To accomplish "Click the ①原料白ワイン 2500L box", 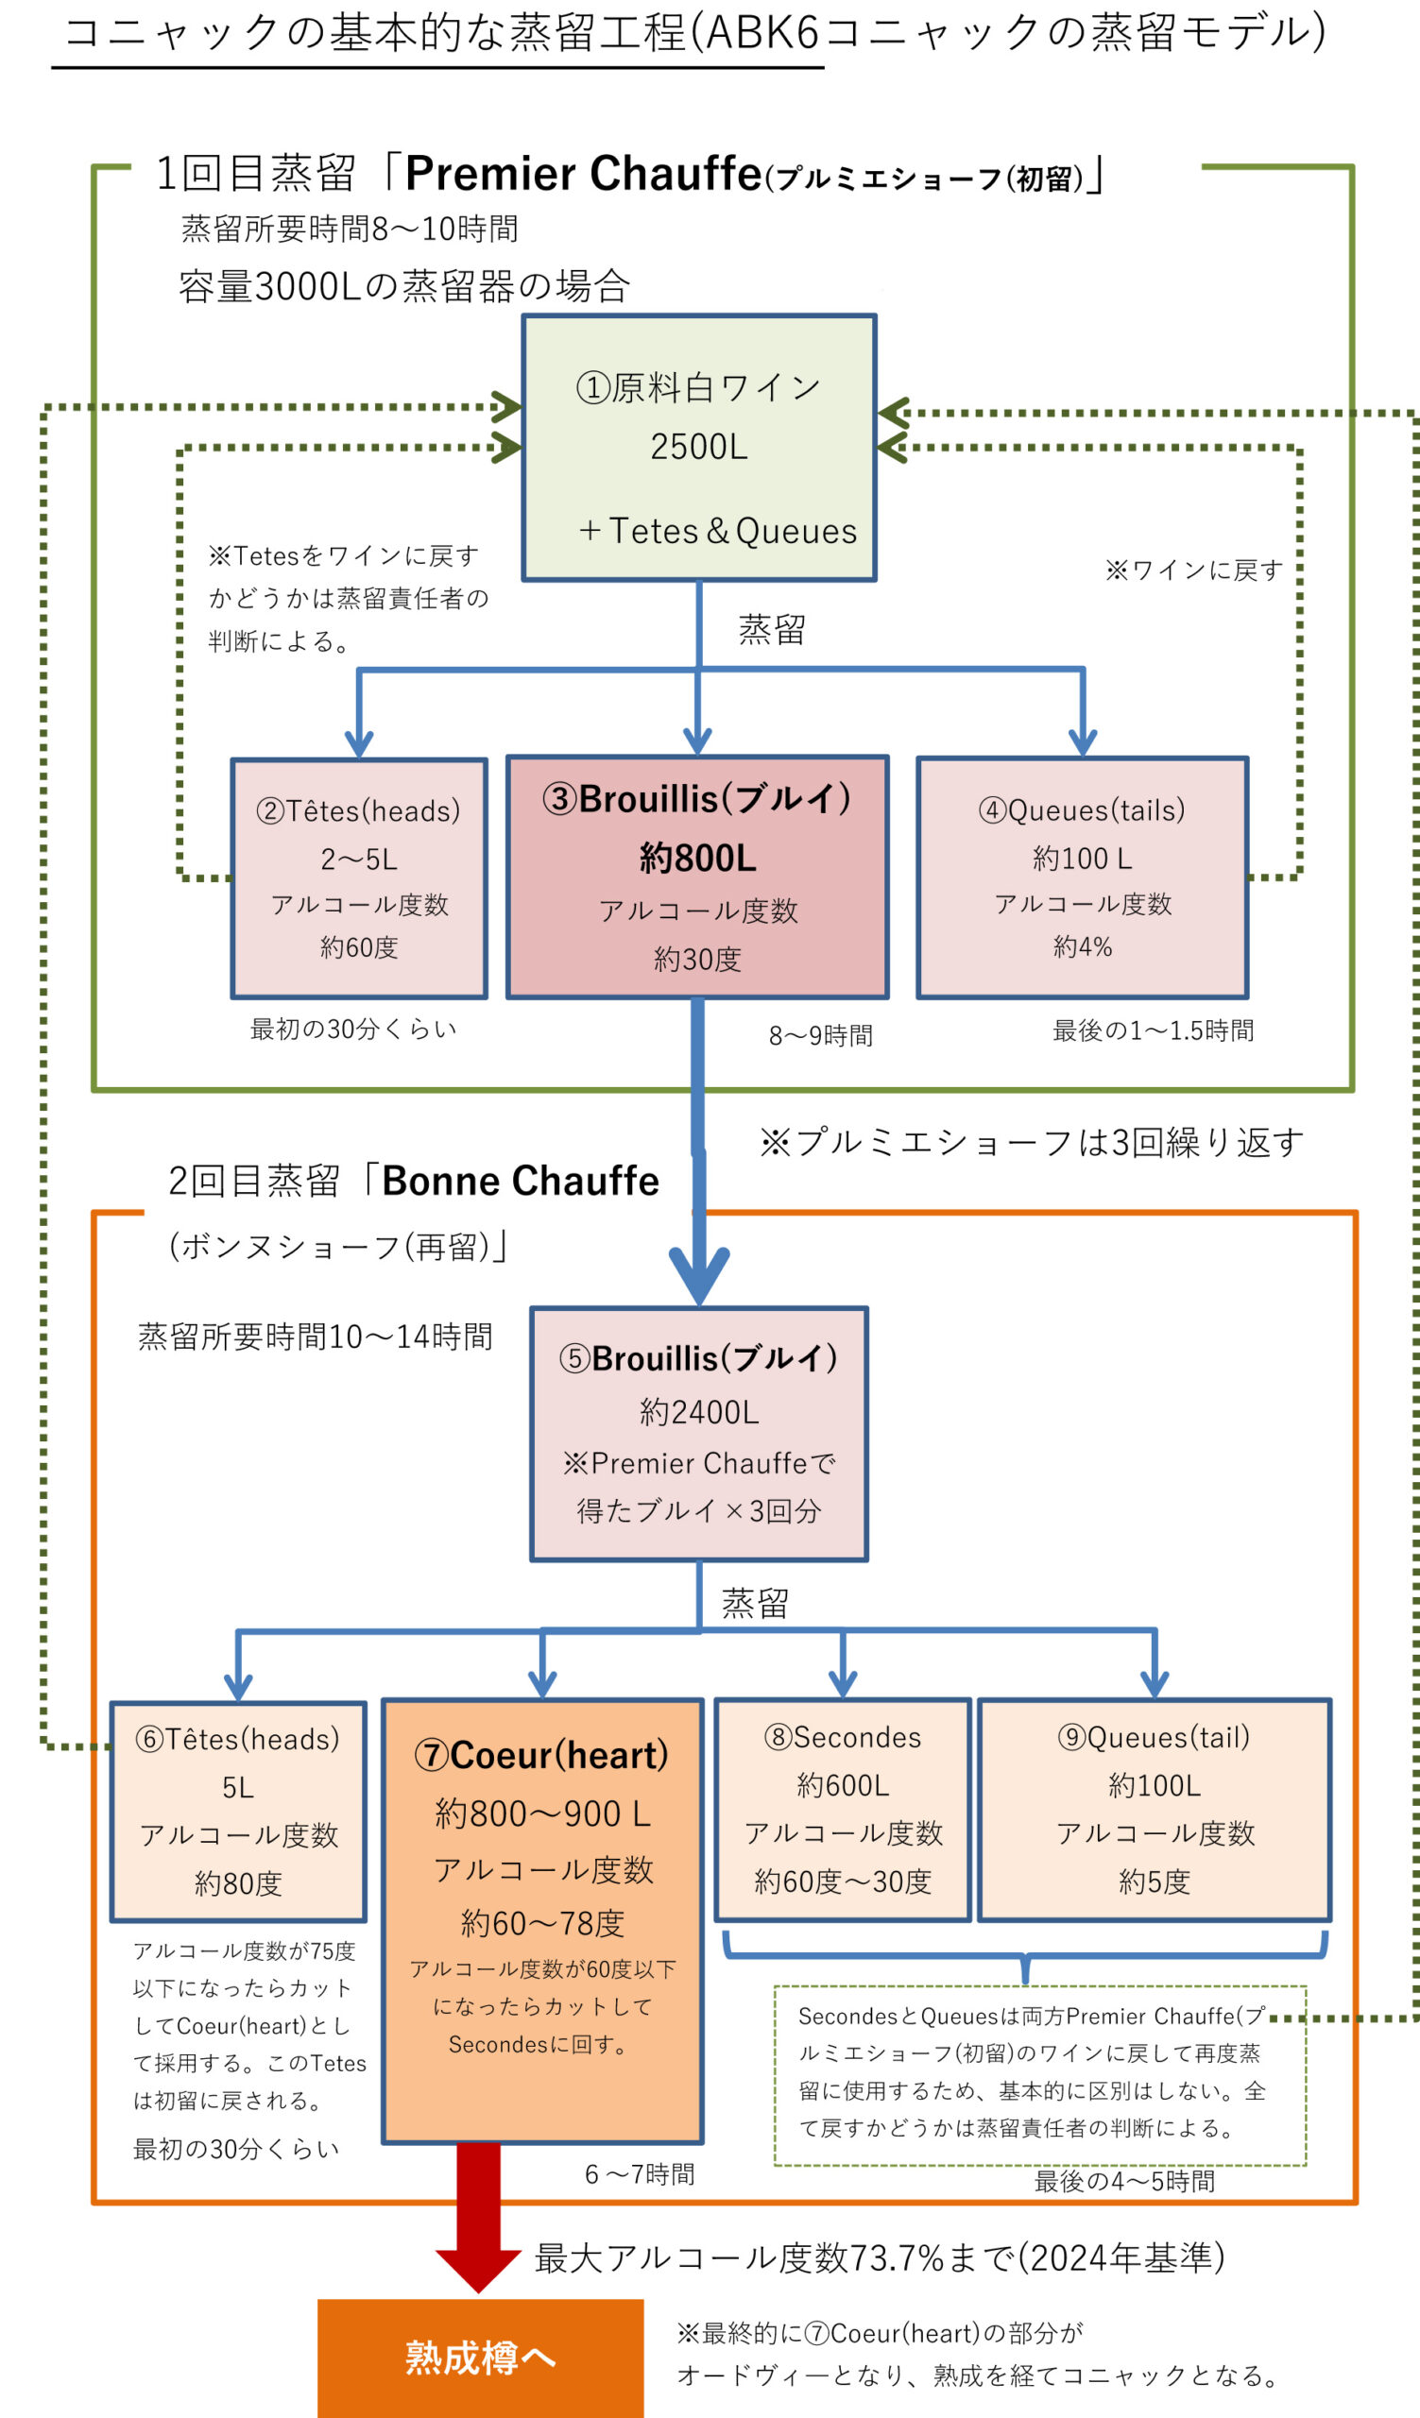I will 698,447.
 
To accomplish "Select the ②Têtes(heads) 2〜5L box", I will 359,878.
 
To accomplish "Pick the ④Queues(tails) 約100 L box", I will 1083,877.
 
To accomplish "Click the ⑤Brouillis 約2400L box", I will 698,1434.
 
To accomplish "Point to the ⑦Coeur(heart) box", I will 542,1920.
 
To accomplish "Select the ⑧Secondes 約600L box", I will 843,1810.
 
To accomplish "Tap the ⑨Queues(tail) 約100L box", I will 1155,1810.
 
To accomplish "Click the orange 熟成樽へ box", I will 480,2358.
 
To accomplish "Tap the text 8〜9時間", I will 820,1035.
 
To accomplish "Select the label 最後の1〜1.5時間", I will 1153,1030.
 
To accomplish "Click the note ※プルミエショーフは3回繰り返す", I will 1032,1142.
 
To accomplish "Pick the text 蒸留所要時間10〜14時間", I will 315,1336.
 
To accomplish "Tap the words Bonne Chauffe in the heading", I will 520,1181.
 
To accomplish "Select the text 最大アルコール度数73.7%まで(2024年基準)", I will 879,2257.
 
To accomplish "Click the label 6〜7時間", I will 639,2174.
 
